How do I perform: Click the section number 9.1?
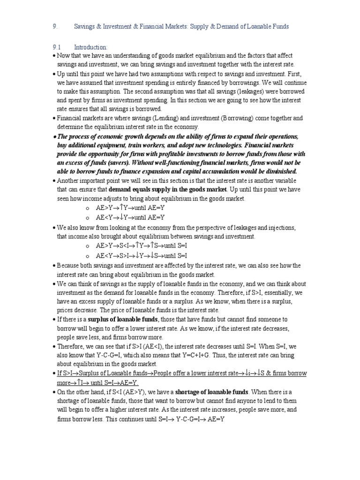(56, 47)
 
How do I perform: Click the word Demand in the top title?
(219, 27)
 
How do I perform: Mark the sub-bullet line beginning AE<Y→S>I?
(141, 255)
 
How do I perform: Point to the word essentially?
(277, 292)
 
